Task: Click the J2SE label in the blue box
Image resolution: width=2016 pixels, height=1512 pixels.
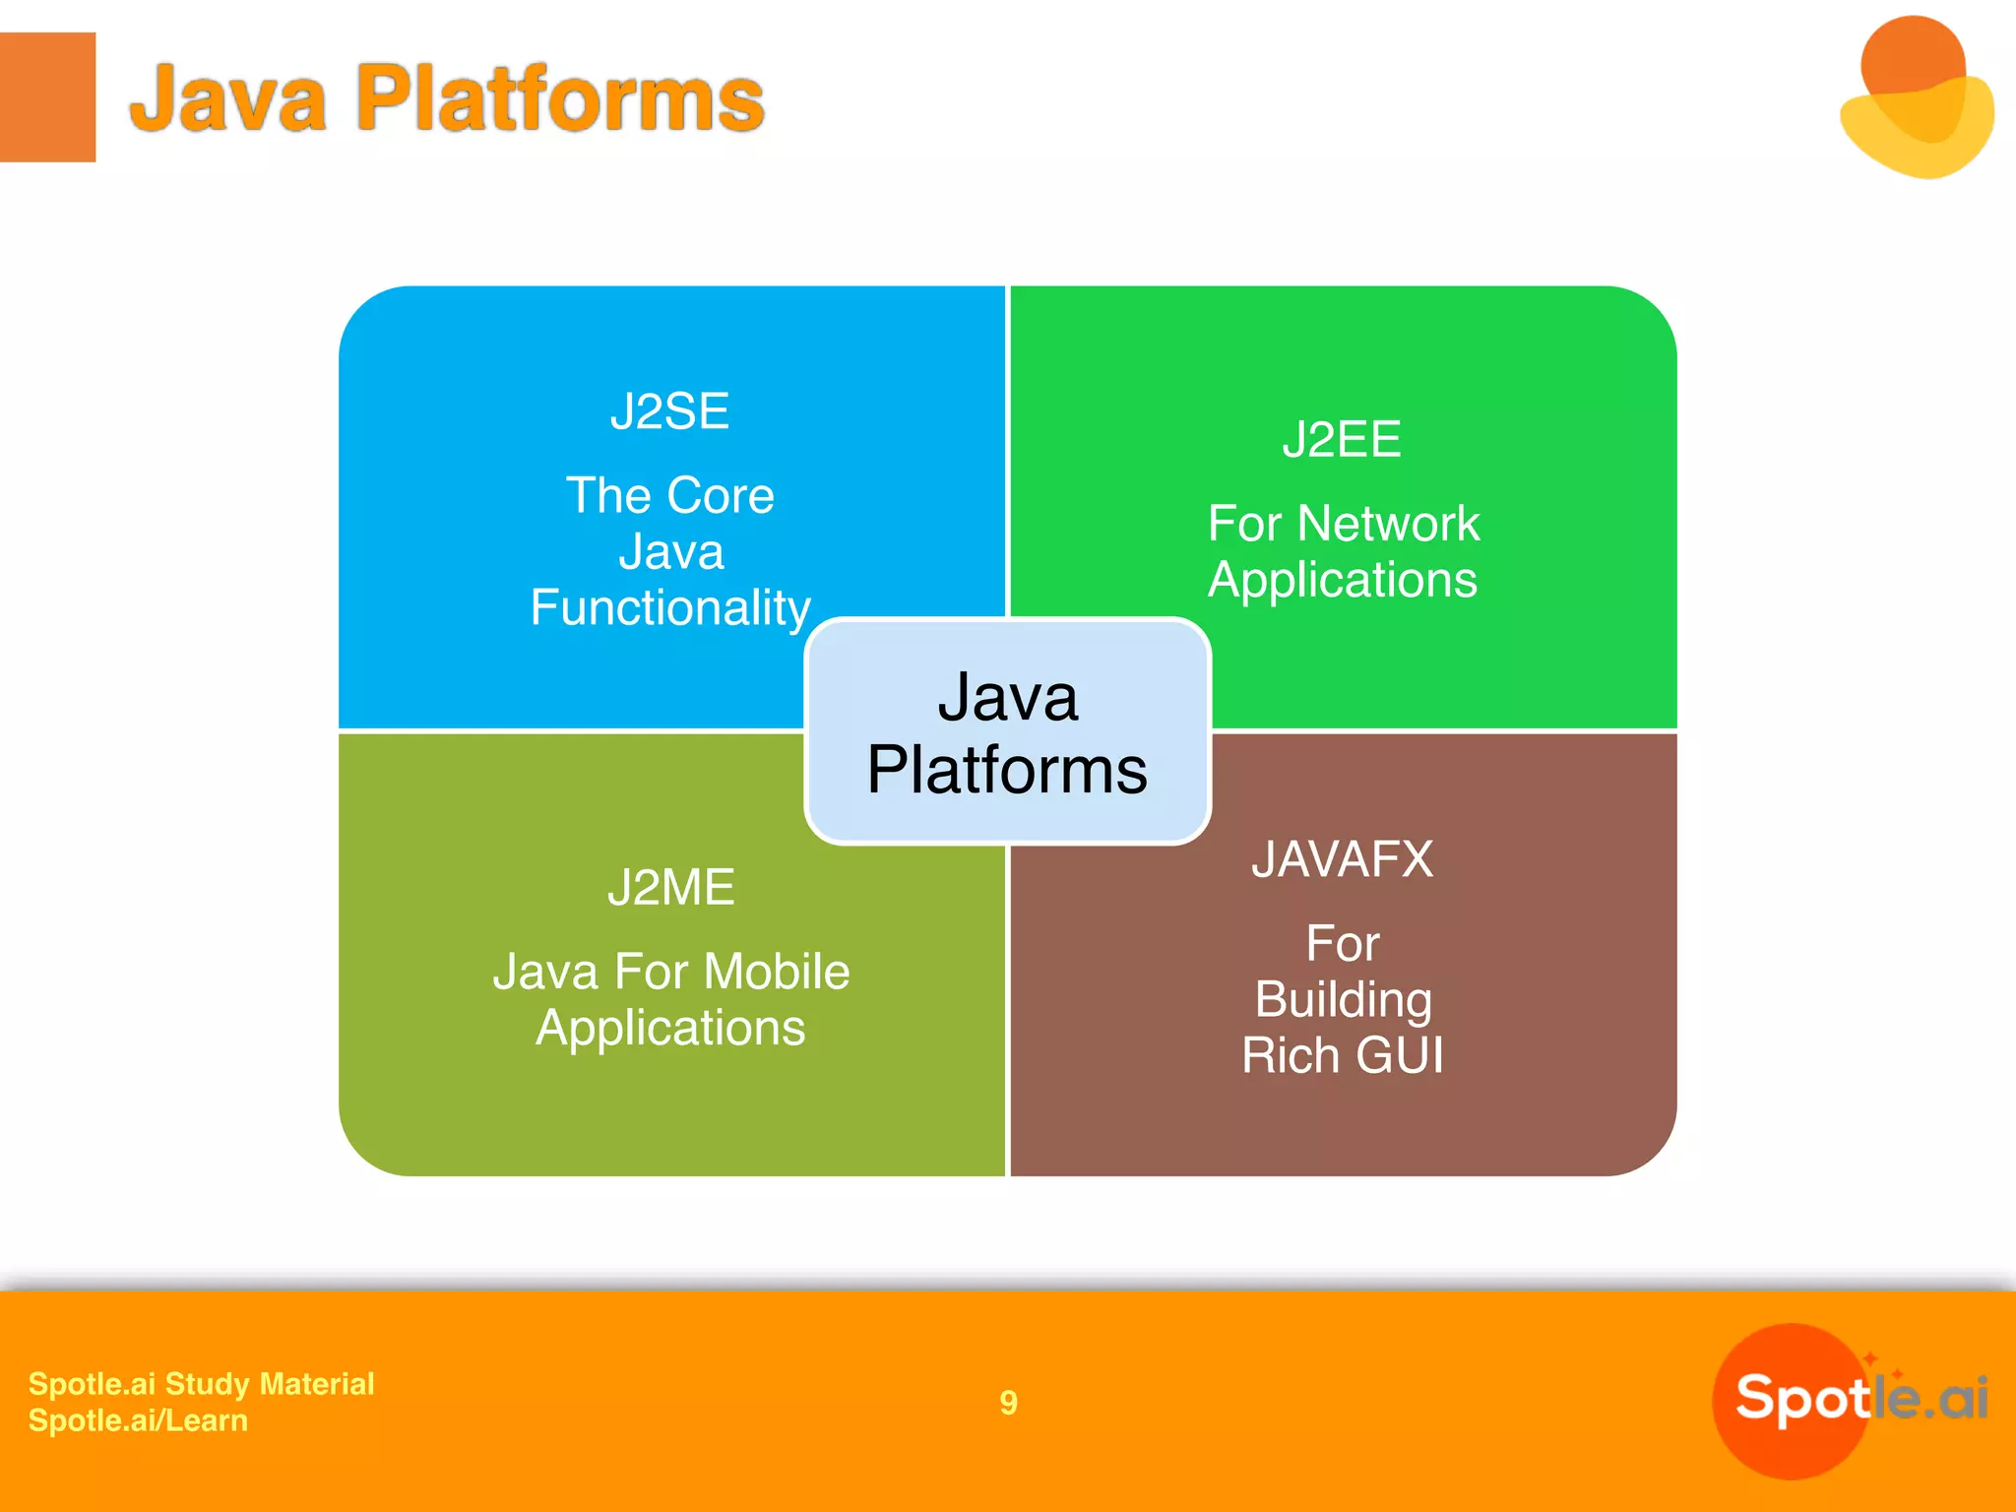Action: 669,411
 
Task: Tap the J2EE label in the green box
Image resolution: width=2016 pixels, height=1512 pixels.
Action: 1341,439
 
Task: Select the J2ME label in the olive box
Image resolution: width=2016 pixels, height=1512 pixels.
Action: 670,888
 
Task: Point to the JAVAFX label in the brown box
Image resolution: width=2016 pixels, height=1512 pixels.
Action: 1342,859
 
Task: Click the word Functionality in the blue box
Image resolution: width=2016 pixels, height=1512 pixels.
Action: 670,607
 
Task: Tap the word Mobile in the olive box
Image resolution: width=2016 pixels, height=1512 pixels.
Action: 777,972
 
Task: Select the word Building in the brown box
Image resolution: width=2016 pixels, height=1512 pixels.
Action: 1343,999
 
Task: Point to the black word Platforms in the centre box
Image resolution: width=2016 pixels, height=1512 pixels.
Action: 1007,770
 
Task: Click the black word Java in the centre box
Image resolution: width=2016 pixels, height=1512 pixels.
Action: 1007,697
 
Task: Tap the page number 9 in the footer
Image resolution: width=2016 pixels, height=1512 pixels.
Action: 1008,1402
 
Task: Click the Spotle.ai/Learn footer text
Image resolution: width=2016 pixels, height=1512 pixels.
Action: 138,1420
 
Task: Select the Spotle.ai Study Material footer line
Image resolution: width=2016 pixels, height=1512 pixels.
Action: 201,1384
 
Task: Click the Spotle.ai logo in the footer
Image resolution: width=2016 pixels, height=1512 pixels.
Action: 1851,1399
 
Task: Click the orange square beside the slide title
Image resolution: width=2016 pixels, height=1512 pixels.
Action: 47,96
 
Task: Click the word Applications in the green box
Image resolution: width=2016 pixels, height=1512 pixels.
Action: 1342,579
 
